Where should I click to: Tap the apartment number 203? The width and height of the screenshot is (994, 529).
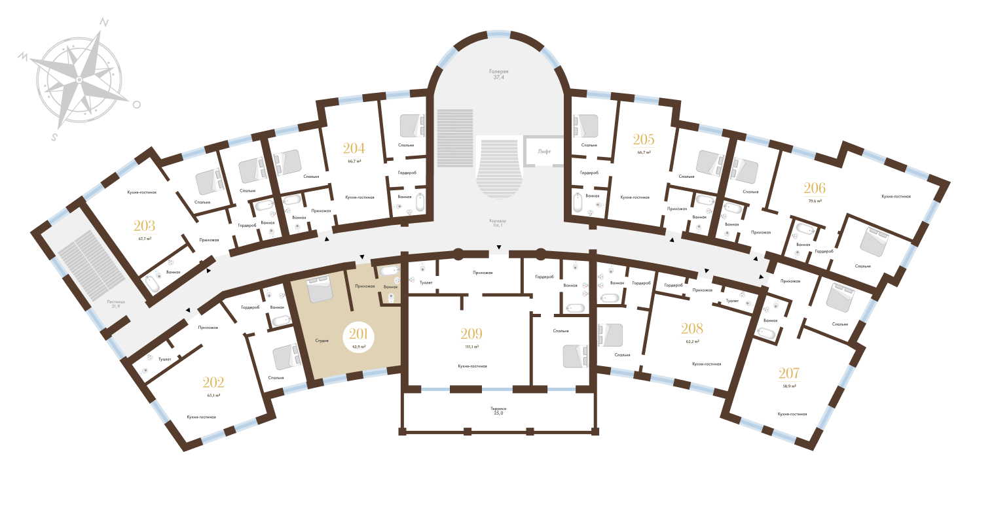[x=144, y=230]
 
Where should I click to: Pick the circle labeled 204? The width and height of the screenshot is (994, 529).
[x=354, y=152]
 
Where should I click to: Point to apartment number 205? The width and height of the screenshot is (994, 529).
[x=644, y=143]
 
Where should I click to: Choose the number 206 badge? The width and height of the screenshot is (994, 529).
[x=815, y=192]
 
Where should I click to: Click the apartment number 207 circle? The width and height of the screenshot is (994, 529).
[x=788, y=377]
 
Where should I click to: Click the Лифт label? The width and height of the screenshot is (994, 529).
[x=544, y=151]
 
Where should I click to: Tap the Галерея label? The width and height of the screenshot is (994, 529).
[x=498, y=71]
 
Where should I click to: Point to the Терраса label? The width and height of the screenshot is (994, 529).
[x=498, y=410]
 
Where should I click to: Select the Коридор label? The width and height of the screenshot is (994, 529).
[x=498, y=221]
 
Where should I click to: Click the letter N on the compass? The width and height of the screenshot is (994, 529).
[x=103, y=22]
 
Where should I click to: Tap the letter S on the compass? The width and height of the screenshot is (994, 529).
[x=56, y=137]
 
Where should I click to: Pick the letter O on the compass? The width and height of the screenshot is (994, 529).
[x=136, y=104]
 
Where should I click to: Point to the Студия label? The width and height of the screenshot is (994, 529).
[x=321, y=341]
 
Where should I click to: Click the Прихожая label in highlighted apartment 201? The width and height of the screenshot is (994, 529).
[x=364, y=286]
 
